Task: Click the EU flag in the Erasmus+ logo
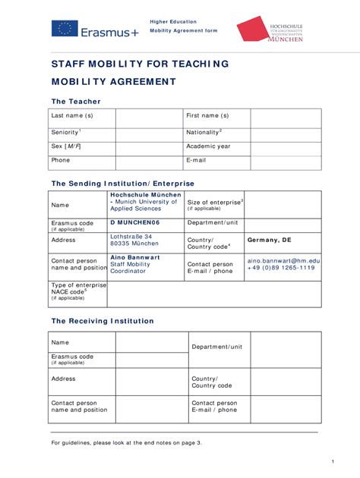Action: [x=65, y=29]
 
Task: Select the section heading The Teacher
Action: [x=75, y=101]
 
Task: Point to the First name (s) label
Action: [x=207, y=116]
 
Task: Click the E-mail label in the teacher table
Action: [x=196, y=160]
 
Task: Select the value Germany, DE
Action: [x=269, y=240]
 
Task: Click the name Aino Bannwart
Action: [x=135, y=257]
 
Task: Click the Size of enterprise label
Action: [x=215, y=203]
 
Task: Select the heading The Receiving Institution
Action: [x=102, y=321]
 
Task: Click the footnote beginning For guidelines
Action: [x=126, y=442]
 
